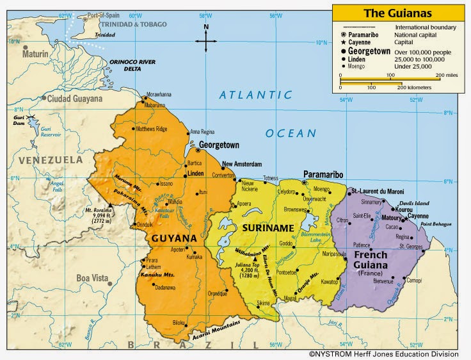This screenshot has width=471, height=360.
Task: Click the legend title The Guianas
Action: (398, 13)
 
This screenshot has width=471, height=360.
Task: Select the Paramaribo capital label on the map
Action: (323, 174)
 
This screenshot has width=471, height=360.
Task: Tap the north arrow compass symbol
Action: (206, 40)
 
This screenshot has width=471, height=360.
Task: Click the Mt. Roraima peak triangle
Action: (110, 206)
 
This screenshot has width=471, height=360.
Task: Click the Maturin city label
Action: (35, 54)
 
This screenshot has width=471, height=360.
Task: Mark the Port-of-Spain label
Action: (105, 14)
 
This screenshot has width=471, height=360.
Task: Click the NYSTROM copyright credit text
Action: (384, 353)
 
